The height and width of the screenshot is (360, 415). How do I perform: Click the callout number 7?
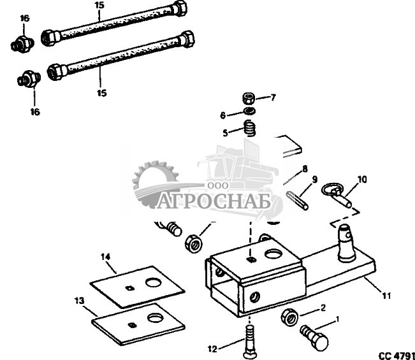pos(273,97)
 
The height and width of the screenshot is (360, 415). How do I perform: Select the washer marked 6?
pos(251,113)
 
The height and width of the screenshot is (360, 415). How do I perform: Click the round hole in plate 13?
pos(154,317)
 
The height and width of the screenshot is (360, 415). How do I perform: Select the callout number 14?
pos(105,256)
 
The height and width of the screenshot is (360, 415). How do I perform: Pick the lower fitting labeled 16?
pos(28,80)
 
